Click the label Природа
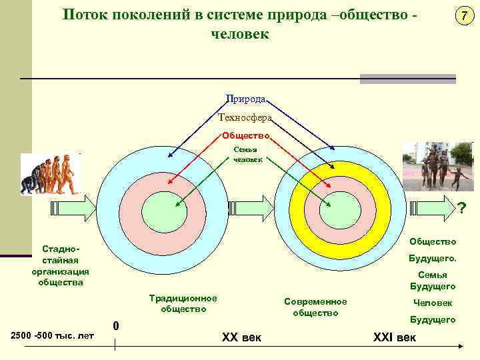click(x=246, y=99)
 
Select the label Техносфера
click(x=245, y=117)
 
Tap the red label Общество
click(x=246, y=136)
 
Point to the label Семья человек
click(x=248, y=155)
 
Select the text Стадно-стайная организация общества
click(x=60, y=265)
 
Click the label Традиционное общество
click(x=183, y=303)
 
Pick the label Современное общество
click(x=315, y=307)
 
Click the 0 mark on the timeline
click(x=116, y=326)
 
